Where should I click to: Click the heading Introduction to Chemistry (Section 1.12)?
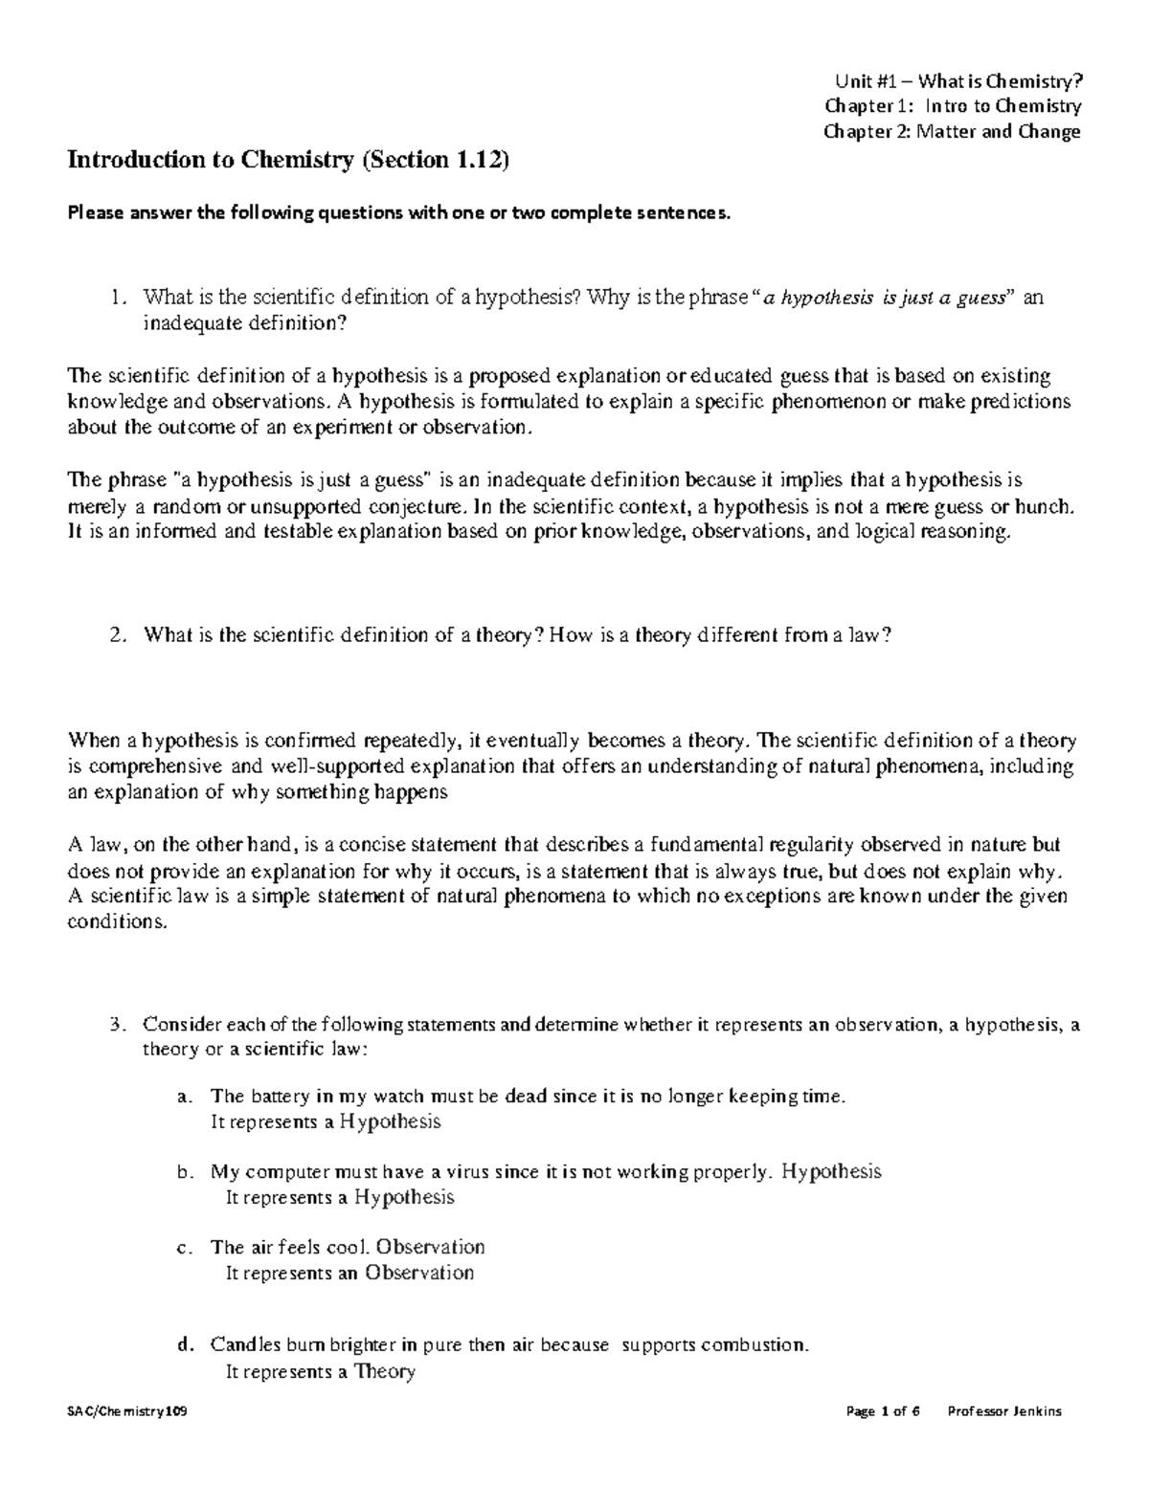288,161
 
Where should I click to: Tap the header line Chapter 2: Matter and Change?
952,131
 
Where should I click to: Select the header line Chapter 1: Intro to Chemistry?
953,106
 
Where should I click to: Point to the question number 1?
116,299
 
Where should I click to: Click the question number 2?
116,635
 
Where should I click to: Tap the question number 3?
116,1025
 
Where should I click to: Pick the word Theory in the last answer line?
384,1371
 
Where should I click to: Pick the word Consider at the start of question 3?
180,1025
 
